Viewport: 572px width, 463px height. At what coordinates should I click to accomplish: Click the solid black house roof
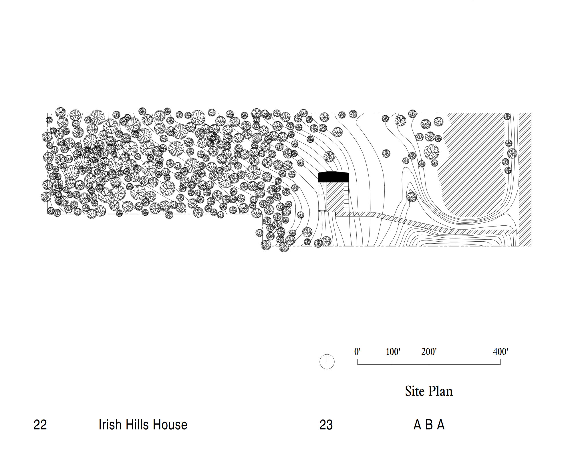(x=333, y=177)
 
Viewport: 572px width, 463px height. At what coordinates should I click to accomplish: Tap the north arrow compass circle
(x=327, y=361)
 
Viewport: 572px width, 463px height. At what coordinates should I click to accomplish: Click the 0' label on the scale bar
(x=357, y=352)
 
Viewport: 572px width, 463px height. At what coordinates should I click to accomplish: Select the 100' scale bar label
(x=393, y=352)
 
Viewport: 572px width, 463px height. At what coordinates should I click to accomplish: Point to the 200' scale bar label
(x=429, y=352)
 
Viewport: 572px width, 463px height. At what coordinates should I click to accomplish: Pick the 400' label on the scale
(x=500, y=352)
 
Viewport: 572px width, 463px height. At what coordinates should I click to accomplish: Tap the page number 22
(x=40, y=425)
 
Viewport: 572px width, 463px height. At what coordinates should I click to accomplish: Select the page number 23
(x=326, y=425)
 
